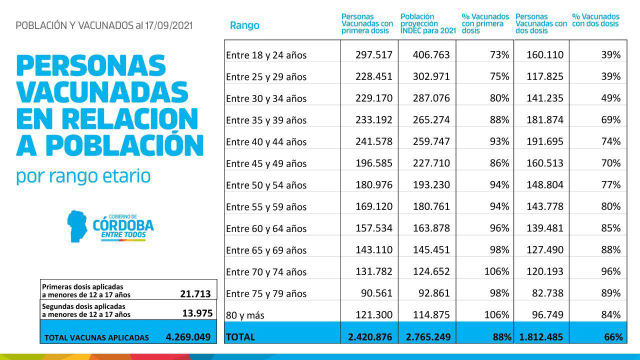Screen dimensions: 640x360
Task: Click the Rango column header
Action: pyautogui.click(x=244, y=25)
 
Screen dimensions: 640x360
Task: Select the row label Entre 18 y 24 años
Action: pyautogui.click(x=266, y=55)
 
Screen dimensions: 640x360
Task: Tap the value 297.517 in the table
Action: pyautogui.click(x=373, y=54)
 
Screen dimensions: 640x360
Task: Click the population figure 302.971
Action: pyautogui.click(x=431, y=76)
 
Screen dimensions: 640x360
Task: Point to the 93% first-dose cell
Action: pyautogui.click(x=499, y=141)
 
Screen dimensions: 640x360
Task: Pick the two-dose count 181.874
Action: pyautogui.click(x=545, y=119)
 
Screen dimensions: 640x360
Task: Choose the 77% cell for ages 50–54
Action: pyautogui.click(x=611, y=184)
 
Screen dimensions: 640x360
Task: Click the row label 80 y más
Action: pyautogui.click(x=245, y=315)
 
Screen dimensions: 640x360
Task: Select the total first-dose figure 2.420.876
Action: pyautogui.click(x=370, y=337)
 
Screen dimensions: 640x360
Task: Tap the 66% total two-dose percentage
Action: pyautogui.click(x=613, y=337)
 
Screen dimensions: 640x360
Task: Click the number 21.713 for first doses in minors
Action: pyautogui.click(x=195, y=293)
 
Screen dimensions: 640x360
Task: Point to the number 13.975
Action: pyautogui.click(x=197, y=313)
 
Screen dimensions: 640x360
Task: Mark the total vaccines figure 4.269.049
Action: pyautogui.click(x=188, y=337)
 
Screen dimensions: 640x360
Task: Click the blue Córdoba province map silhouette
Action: pyautogui.click(x=77, y=226)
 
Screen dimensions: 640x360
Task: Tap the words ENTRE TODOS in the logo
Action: pyautogui.click(x=123, y=235)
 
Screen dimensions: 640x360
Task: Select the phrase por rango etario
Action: pyautogui.click(x=83, y=176)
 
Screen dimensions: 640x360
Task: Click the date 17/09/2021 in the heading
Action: pyautogui.click(x=168, y=25)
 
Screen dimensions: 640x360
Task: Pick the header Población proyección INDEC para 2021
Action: pyautogui.click(x=428, y=23)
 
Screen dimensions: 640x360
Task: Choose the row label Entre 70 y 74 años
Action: pyautogui.click(x=266, y=271)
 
